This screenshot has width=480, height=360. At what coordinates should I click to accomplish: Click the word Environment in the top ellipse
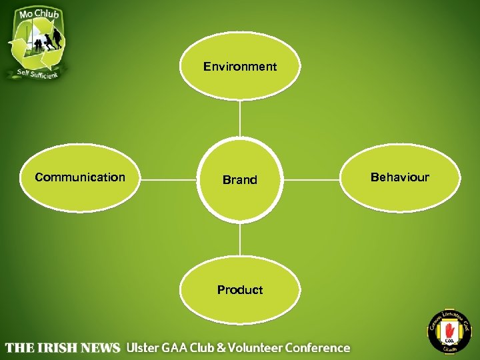coord(240,67)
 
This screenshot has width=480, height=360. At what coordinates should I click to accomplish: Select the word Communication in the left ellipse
coord(80,177)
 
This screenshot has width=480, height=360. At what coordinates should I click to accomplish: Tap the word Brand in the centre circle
coord(240,180)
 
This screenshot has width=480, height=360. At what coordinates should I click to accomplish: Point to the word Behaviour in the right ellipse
coord(400,177)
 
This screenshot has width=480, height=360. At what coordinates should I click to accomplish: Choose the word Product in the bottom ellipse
coord(240,290)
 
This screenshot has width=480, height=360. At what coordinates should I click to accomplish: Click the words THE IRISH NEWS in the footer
coord(63,348)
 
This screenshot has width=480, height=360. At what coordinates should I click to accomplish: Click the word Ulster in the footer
coord(143,347)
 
